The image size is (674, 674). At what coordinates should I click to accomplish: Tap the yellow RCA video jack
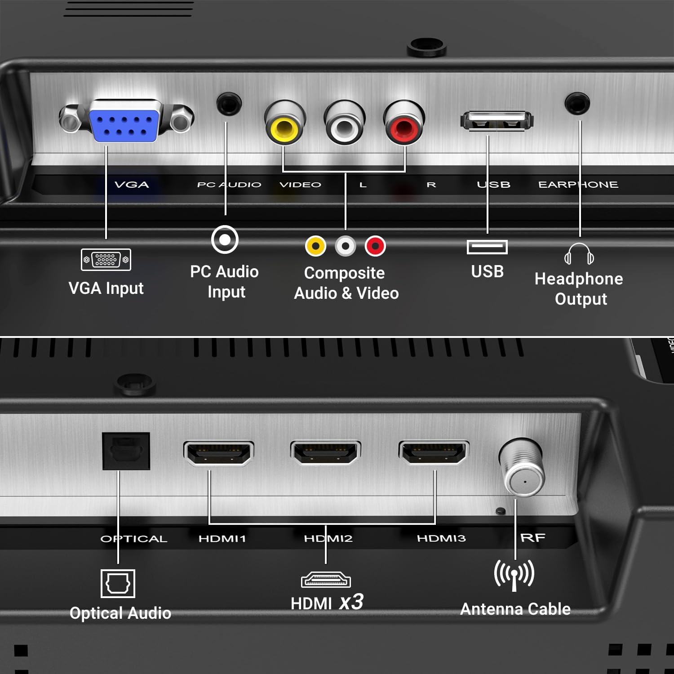[x=285, y=122]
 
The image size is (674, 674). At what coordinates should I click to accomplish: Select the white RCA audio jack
[x=345, y=122]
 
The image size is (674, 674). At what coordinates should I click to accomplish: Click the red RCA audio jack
[x=404, y=122]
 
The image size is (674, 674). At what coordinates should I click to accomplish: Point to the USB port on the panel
[x=497, y=120]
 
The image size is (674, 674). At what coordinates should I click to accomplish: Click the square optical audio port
[x=126, y=451]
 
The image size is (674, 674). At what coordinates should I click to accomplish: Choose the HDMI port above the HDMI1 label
[x=219, y=453]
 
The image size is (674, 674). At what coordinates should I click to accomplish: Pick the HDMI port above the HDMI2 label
[x=326, y=453]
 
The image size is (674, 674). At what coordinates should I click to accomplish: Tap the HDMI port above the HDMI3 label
[x=434, y=453]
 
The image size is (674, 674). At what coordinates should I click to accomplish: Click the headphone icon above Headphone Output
[x=579, y=254]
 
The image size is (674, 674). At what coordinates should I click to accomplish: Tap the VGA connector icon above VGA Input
[x=106, y=260]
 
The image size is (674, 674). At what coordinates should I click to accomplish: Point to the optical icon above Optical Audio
[x=118, y=584]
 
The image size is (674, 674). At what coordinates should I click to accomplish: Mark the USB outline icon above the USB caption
[x=488, y=247]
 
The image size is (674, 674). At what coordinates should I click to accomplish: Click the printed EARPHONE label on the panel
[x=578, y=185]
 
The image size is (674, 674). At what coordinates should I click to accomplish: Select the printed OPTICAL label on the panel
[x=134, y=539]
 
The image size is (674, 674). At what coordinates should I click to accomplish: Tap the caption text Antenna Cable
[x=515, y=609]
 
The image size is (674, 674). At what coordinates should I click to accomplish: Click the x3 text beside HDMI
[x=351, y=602]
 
